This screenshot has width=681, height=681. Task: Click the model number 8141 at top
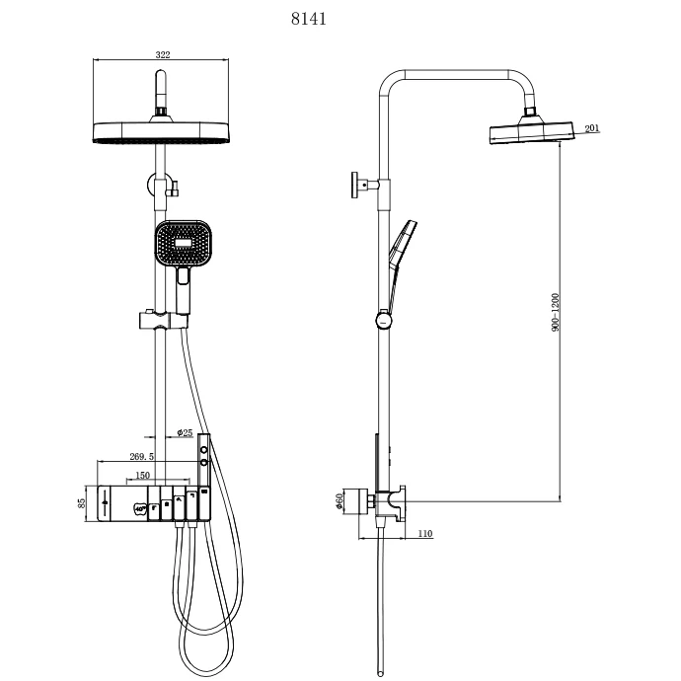[309, 19]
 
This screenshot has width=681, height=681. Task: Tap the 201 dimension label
[593, 128]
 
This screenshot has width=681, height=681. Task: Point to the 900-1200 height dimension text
[556, 311]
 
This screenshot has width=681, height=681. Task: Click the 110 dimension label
[425, 534]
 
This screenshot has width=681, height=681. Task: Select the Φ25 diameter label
[185, 432]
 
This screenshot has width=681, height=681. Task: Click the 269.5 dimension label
[142, 457]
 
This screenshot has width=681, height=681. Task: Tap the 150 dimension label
[143, 475]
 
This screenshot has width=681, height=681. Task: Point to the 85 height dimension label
[84, 502]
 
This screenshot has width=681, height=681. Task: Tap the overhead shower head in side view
[533, 131]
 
